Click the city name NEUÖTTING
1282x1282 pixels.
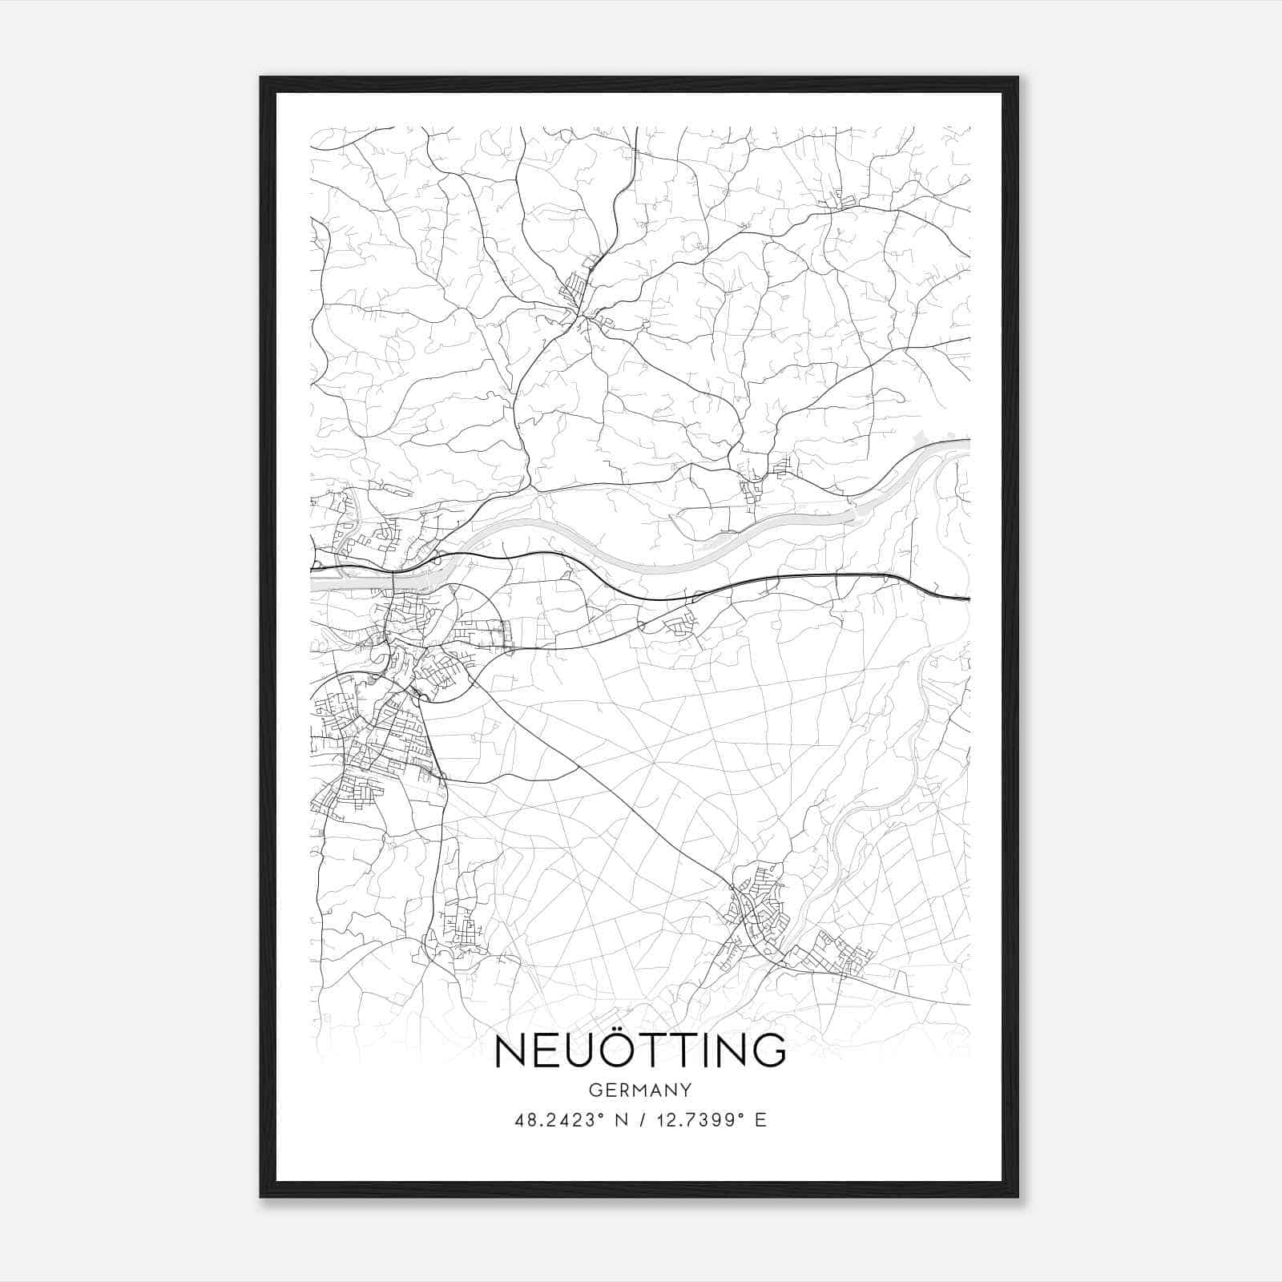(x=640, y=1051)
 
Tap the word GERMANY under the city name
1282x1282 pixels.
(x=640, y=1091)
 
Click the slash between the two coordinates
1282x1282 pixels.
(x=633, y=1120)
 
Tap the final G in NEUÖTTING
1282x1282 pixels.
(x=770, y=1051)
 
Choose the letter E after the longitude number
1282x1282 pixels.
(x=761, y=1120)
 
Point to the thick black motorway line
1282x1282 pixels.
(x=801, y=575)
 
